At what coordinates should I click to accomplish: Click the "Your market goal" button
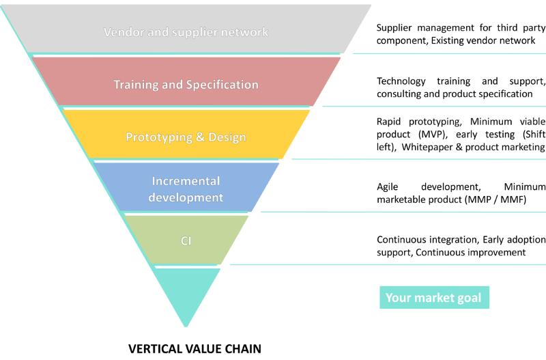point(433,298)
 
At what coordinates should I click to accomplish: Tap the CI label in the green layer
point(186,240)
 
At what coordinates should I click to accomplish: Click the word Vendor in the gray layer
point(122,32)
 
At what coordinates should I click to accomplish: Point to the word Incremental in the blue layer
point(186,181)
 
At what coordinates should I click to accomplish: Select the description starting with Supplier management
point(461,34)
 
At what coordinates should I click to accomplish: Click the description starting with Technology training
point(461,87)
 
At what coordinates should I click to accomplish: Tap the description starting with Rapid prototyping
point(461,134)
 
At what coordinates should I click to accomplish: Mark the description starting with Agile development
point(461,193)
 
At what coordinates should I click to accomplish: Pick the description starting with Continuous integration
point(461,245)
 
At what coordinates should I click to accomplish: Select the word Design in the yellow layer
point(227,137)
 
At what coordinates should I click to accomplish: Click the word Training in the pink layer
point(136,85)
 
